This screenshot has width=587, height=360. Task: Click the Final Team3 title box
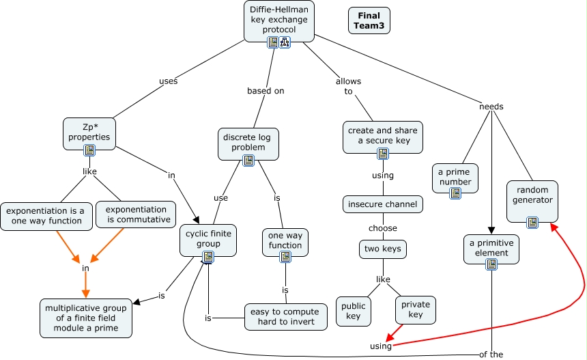[x=369, y=20]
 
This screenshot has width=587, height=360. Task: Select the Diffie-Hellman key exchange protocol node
[x=279, y=21]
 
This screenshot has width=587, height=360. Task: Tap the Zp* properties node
[x=89, y=134]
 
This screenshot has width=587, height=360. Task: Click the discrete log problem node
[x=248, y=144]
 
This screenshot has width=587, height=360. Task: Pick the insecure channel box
[x=383, y=204]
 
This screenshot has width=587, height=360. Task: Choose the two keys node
[x=383, y=249]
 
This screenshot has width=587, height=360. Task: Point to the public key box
[x=354, y=311]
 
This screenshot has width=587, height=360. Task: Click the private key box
[x=416, y=310]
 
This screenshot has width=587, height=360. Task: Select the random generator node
[x=532, y=201]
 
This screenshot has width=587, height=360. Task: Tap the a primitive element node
[x=491, y=249]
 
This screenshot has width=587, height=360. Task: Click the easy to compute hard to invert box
[x=285, y=317]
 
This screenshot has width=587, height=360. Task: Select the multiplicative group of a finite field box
[x=86, y=318]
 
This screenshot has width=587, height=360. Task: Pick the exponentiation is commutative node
[x=136, y=214]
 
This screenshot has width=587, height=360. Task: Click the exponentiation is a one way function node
[x=46, y=217]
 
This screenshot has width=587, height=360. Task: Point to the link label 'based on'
[x=266, y=91]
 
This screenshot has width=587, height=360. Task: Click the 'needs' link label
[x=491, y=107]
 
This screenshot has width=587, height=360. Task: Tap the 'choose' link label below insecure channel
[x=383, y=228]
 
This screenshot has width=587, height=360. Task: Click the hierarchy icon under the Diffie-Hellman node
[x=285, y=42]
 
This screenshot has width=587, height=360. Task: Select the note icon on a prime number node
[x=455, y=193]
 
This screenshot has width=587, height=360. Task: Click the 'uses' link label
[x=168, y=81]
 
